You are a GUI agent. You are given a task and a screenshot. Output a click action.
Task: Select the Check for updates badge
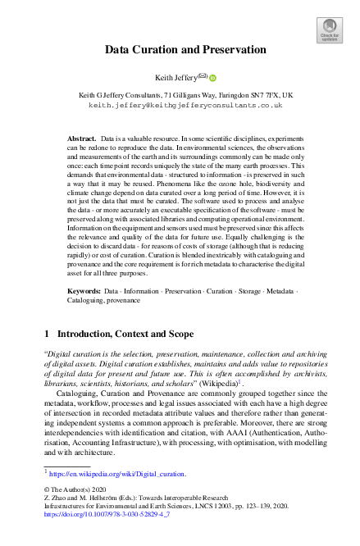tap(329, 31)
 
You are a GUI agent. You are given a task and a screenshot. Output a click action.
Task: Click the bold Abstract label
tap(81, 140)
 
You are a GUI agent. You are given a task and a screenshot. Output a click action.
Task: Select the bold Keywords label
tap(84, 291)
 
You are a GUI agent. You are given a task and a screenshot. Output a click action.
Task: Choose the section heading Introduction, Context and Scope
tap(124, 334)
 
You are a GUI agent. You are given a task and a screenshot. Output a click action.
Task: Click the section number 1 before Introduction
tap(46, 334)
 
